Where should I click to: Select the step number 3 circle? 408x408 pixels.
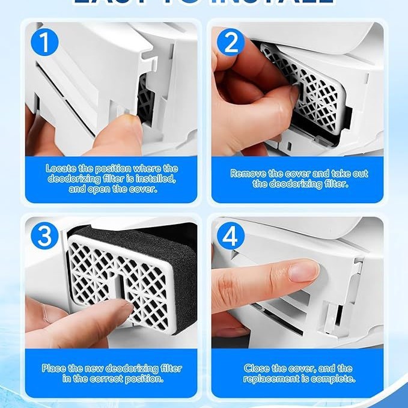[x=45, y=236]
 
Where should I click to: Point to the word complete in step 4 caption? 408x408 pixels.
[x=335, y=379]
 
